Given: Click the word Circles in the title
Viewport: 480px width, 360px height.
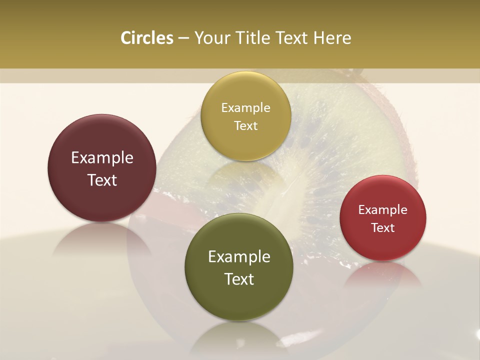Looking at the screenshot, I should coord(146,38).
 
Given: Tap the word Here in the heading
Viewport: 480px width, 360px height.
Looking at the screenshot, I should coord(332,38).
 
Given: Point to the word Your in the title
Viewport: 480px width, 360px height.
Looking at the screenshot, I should coord(210,38).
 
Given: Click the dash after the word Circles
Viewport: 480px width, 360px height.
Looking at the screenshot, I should coord(183,38).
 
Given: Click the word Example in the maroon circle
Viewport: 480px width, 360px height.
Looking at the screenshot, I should coord(102,158).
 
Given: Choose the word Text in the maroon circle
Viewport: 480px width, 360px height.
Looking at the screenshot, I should coord(102,180).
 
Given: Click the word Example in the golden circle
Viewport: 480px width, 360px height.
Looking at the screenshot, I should coord(245,108).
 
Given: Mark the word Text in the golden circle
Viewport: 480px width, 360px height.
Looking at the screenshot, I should coord(245,125).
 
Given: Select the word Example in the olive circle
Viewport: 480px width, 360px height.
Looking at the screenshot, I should coord(239,257).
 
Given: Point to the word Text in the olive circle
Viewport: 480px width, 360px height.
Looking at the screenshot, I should coord(239,279).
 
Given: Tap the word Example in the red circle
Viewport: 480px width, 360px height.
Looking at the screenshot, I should coord(383,210).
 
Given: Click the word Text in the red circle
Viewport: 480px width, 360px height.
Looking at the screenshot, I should coord(383,227).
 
